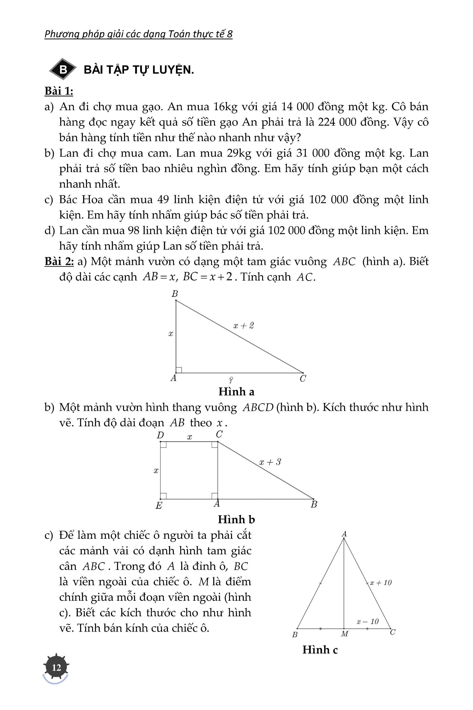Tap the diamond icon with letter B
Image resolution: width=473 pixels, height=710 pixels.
click(63, 69)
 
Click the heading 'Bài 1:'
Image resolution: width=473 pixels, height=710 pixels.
click(59, 91)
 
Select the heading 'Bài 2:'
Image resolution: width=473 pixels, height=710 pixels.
click(59, 261)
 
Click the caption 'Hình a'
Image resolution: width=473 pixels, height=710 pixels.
click(236, 392)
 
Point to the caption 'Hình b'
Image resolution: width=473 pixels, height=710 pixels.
click(236, 519)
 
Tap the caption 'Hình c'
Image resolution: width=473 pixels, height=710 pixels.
click(320, 650)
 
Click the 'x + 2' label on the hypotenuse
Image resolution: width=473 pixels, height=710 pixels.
click(244, 325)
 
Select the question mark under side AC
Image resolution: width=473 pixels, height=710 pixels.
click(231, 380)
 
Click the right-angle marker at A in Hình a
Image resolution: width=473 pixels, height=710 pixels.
click(179, 370)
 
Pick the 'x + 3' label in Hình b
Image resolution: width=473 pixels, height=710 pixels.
click(270, 462)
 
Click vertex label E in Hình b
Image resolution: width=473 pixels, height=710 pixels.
click(159, 505)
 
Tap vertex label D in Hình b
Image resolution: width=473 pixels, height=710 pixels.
click(160, 435)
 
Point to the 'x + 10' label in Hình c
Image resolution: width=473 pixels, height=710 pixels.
click(381, 583)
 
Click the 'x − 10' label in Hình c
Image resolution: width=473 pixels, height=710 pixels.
click(367, 622)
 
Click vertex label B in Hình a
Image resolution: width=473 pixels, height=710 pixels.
click(175, 294)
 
